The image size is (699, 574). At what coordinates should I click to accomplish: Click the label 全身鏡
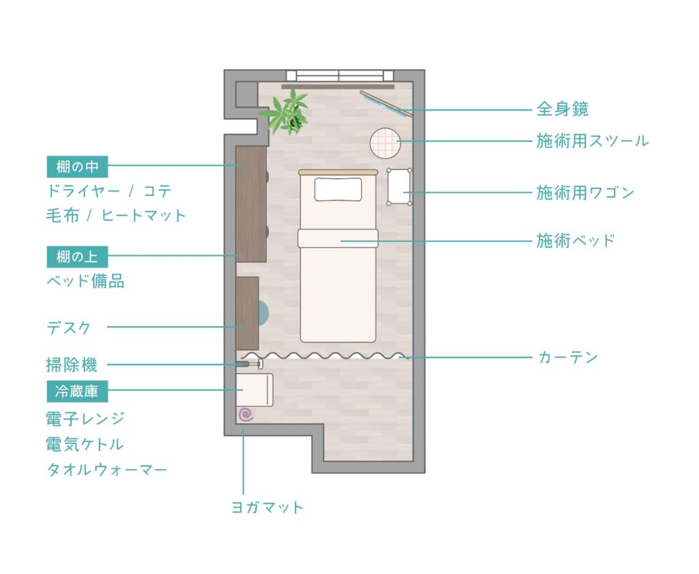(562, 109)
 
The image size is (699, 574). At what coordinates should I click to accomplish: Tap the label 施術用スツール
(592, 141)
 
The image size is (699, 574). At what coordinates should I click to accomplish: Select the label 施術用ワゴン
(585, 192)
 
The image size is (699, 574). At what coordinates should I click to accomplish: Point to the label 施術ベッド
(575, 241)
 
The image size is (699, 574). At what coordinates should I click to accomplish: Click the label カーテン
(568, 358)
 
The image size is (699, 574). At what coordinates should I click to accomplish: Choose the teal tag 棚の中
(77, 167)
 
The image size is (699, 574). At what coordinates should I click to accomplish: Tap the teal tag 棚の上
(77, 257)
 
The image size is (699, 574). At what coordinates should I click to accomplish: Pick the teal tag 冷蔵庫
(77, 391)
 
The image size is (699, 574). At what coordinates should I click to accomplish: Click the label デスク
(69, 328)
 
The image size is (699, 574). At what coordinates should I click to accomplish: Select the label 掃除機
(71, 365)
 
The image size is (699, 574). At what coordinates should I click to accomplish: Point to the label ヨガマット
(268, 507)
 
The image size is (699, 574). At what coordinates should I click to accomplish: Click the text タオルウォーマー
(106, 470)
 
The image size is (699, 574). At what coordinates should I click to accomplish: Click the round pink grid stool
(385, 143)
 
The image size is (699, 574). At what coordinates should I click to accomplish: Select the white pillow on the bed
(339, 190)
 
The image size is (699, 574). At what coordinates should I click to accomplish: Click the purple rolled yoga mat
(246, 415)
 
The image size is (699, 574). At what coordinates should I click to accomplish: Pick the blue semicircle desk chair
(263, 312)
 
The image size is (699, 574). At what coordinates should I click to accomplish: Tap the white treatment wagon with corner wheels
(399, 187)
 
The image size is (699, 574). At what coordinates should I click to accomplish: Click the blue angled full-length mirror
(386, 104)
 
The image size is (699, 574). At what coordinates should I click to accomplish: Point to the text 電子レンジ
(85, 419)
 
